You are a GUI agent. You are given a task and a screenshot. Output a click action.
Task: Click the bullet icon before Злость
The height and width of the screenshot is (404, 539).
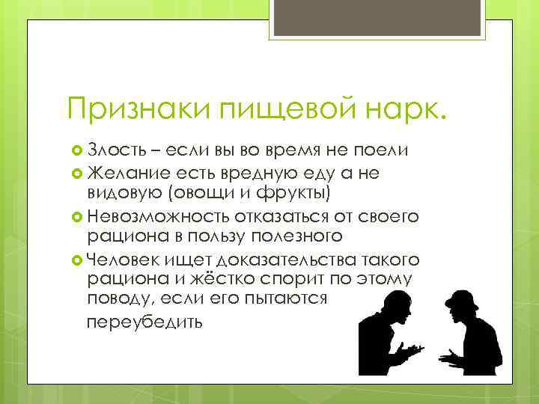click(x=76, y=151)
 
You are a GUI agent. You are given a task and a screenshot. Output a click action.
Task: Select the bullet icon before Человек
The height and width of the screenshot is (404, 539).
click(x=76, y=260)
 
